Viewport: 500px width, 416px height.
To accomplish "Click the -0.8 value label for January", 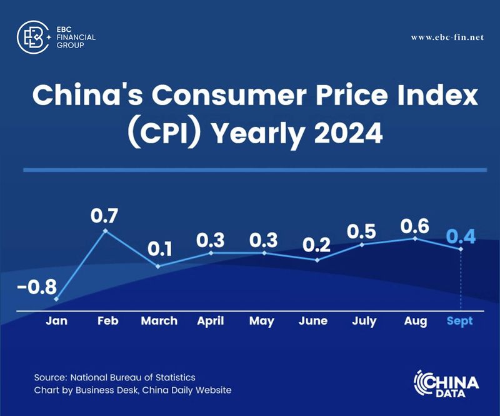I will (37, 288).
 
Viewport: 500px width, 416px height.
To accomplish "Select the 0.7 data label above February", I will (105, 216).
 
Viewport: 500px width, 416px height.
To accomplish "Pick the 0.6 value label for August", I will (414, 225).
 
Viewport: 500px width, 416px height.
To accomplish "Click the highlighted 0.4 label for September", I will (461, 236).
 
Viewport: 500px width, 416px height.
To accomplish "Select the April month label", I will (211, 321).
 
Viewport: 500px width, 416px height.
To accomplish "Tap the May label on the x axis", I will (262, 321).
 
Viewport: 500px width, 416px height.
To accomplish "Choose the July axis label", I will (364, 321).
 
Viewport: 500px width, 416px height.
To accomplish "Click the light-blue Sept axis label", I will (460, 321).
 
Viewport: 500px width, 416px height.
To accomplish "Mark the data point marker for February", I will (106, 231).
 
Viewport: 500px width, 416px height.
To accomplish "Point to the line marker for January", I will (56, 299).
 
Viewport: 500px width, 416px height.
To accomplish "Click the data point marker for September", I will (461, 249).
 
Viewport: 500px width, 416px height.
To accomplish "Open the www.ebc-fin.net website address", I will (447, 38).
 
